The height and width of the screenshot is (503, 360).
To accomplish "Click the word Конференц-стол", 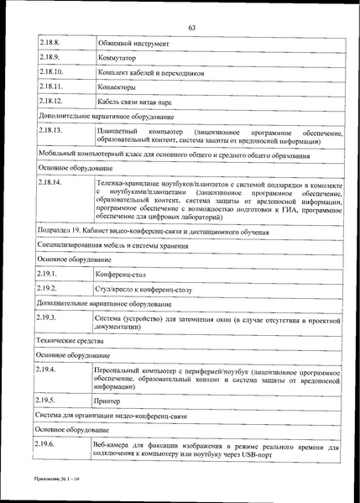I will tap(124, 274).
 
